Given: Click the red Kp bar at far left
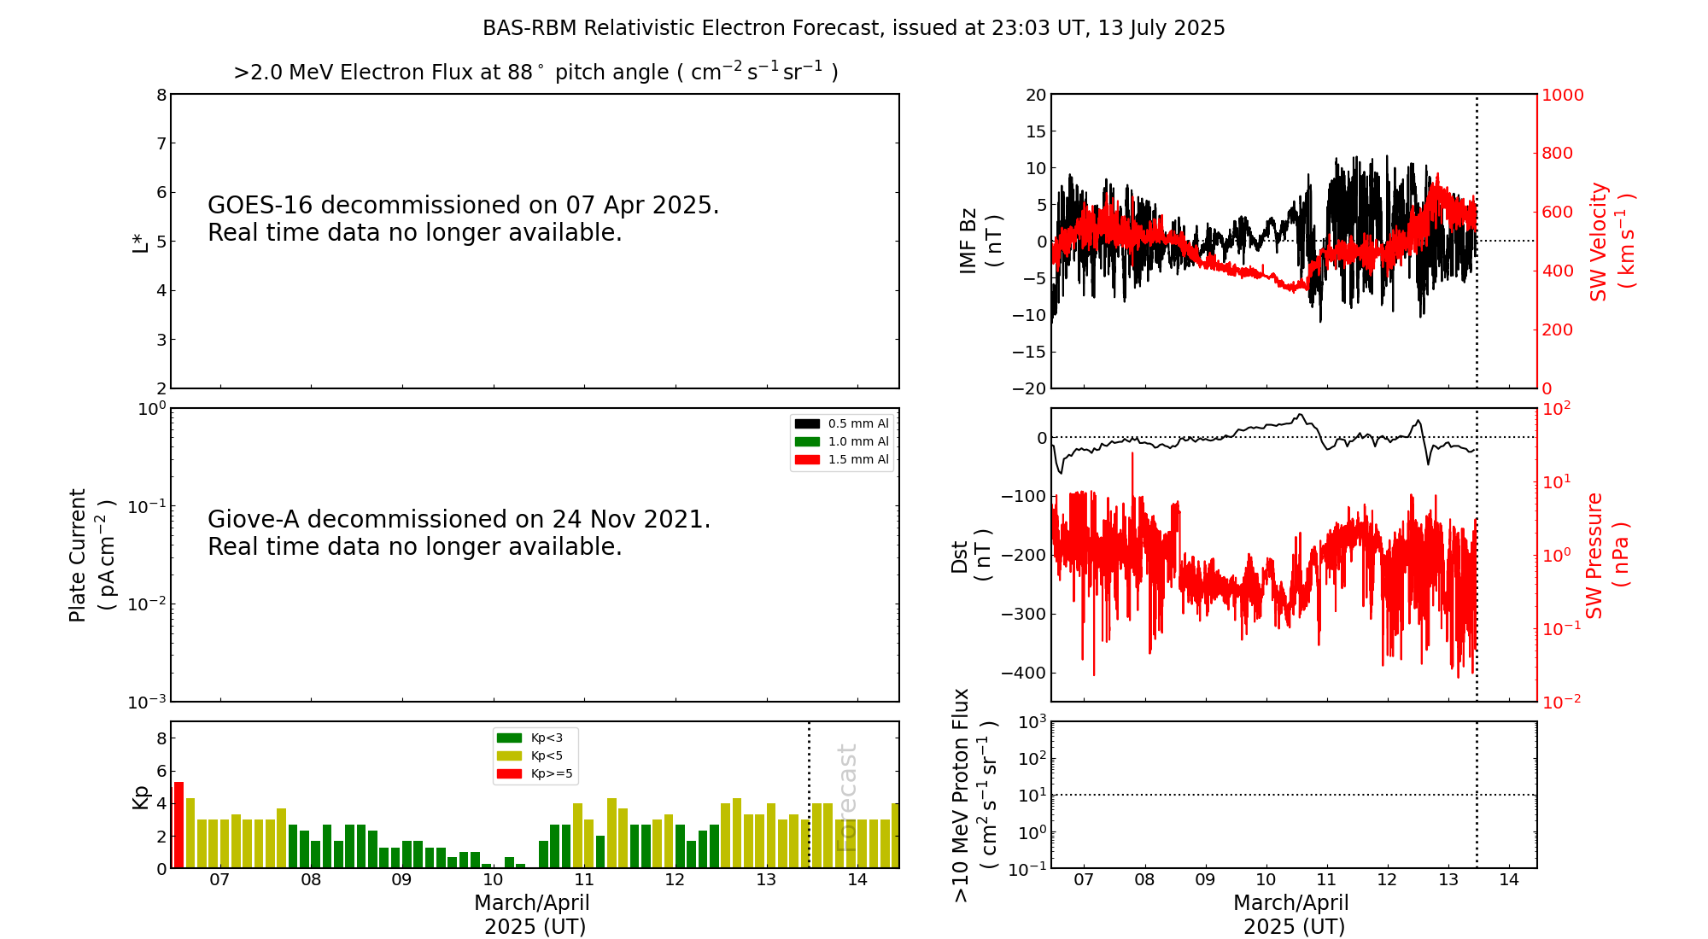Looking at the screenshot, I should pyautogui.click(x=178, y=825).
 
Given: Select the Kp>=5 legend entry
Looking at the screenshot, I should pyautogui.click(x=534, y=774).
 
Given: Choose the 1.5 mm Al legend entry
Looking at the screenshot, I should pyautogui.click(x=842, y=459).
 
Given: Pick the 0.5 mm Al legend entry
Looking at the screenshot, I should pyautogui.click(x=842, y=423).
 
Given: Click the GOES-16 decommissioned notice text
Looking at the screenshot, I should pyautogui.click(x=464, y=219).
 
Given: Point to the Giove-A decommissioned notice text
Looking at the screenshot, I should pyautogui.click(x=459, y=533).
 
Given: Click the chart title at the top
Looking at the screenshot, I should pyautogui.click(x=854, y=28).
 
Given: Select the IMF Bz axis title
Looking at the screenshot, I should pyautogui.click(x=980, y=241).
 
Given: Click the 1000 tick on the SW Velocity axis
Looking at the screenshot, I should pyautogui.click(x=1562, y=95).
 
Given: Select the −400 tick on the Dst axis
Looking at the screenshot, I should pyautogui.click(x=1024, y=673).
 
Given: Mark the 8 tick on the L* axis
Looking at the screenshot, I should pyautogui.click(x=161, y=95).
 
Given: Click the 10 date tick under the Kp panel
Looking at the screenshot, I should pyautogui.click(x=493, y=880).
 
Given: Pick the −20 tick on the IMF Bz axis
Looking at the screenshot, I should pyautogui.click(x=1029, y=388).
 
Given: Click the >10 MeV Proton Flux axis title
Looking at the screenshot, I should pyautogui.click(x=974, y=795).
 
